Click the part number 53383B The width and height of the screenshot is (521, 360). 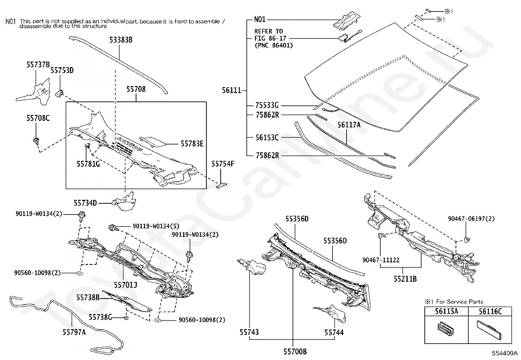tap(121, 40)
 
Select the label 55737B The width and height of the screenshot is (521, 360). tap(38, 65)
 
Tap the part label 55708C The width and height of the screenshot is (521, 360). tap(38, 118)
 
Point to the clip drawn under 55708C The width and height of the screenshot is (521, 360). tap(36, 141)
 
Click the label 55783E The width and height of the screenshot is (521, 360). tap(192, 144)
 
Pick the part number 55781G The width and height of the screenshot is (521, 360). tap(88, 164)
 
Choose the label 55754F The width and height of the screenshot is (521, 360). tap(223, 164)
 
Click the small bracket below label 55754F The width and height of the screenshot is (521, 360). tap(221, 186)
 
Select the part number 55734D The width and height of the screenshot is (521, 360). tap(85, 203)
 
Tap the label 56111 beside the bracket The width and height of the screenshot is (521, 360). tap(231, 90)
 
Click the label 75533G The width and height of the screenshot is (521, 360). tap(267, 105)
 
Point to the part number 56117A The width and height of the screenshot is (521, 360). tap(349, 125)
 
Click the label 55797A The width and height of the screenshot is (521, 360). tap(74, 332)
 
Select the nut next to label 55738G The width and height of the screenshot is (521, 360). tap(126, 318)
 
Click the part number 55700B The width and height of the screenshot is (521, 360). tap(295, 351)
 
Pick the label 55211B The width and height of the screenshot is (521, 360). tap(405, 279)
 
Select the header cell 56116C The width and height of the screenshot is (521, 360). tap(490, 312)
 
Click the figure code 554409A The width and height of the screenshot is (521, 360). tap(505, 353)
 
